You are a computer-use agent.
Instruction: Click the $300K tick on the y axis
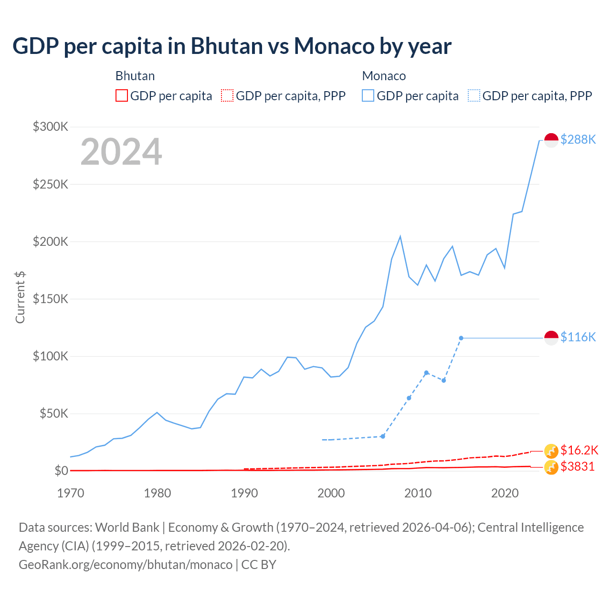pyautogui.click(x=51, y=126)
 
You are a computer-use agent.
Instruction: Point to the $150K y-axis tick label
pyautogui.click(x=51, y=299)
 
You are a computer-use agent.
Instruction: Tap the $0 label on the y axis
pyautogui.click(x=61, y=471)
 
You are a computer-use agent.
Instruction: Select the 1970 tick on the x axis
pyautogui.click(x=71, y=493)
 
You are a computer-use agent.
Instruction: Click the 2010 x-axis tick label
pyautogui.click(x=418, y=493)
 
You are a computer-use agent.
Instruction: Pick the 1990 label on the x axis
pyautogui.click(x=244, y=493)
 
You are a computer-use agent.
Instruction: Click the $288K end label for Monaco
pyautogui.click(x=578, y=139)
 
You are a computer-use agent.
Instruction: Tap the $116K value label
pyautogui.click(x=578, y=337)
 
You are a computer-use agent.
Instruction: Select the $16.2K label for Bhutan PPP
pyautogui.click(x=579, y=450)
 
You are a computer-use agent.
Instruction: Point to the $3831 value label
pyautogui.click(x=578, y=466)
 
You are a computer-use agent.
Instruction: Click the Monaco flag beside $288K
pyautogui.click(x=551, y=140)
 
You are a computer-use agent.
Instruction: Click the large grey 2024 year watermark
pyautogui.click(x=121, y=152)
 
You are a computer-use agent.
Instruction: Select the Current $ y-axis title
pyautogui.click(x=20, y=297)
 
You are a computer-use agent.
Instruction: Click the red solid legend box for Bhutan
pyautogui.click(x=122, y=96)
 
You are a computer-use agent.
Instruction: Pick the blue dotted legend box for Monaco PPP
pyautogui.click(x=474, y=96)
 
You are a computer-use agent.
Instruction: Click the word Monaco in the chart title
pyautogui.click(x=334, y=46)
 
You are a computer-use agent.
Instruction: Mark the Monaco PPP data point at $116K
pyautogui.click(x=461, y=338)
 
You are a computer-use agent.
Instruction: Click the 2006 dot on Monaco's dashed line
pyautogui.click(x=383, y=436)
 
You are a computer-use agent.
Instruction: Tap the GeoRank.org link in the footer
pyautogui.click(x=126, y=564)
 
